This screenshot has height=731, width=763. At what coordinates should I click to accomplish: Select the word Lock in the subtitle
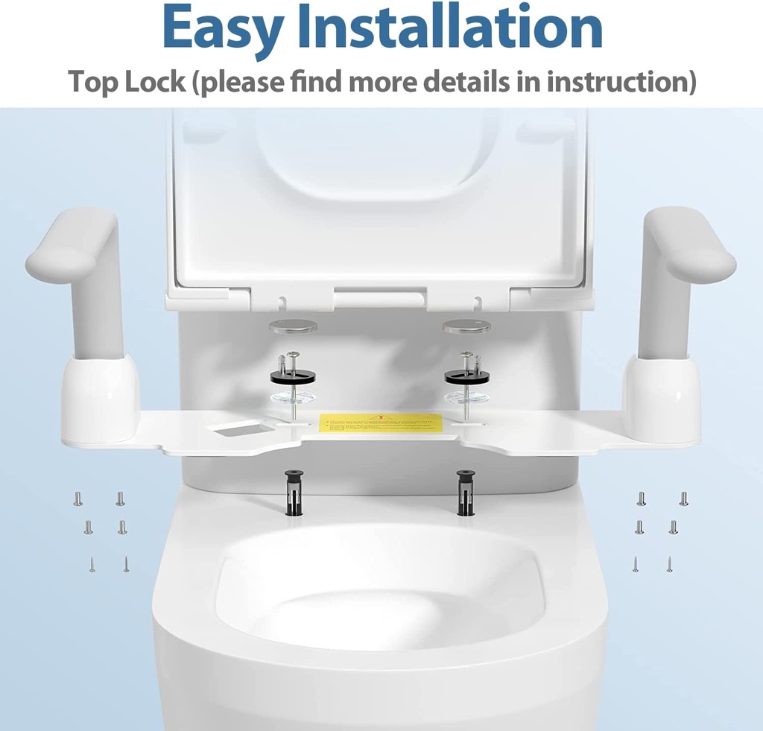pos(156,81)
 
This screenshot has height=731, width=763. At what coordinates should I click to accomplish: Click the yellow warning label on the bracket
pos(380,423)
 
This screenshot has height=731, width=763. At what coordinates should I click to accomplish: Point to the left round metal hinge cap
pos(293,326)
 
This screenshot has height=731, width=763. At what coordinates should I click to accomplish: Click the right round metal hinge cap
pos(466,326)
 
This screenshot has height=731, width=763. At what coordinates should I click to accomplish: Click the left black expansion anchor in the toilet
pos(291,493)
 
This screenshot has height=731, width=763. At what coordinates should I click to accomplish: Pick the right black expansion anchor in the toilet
pos(466,491)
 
